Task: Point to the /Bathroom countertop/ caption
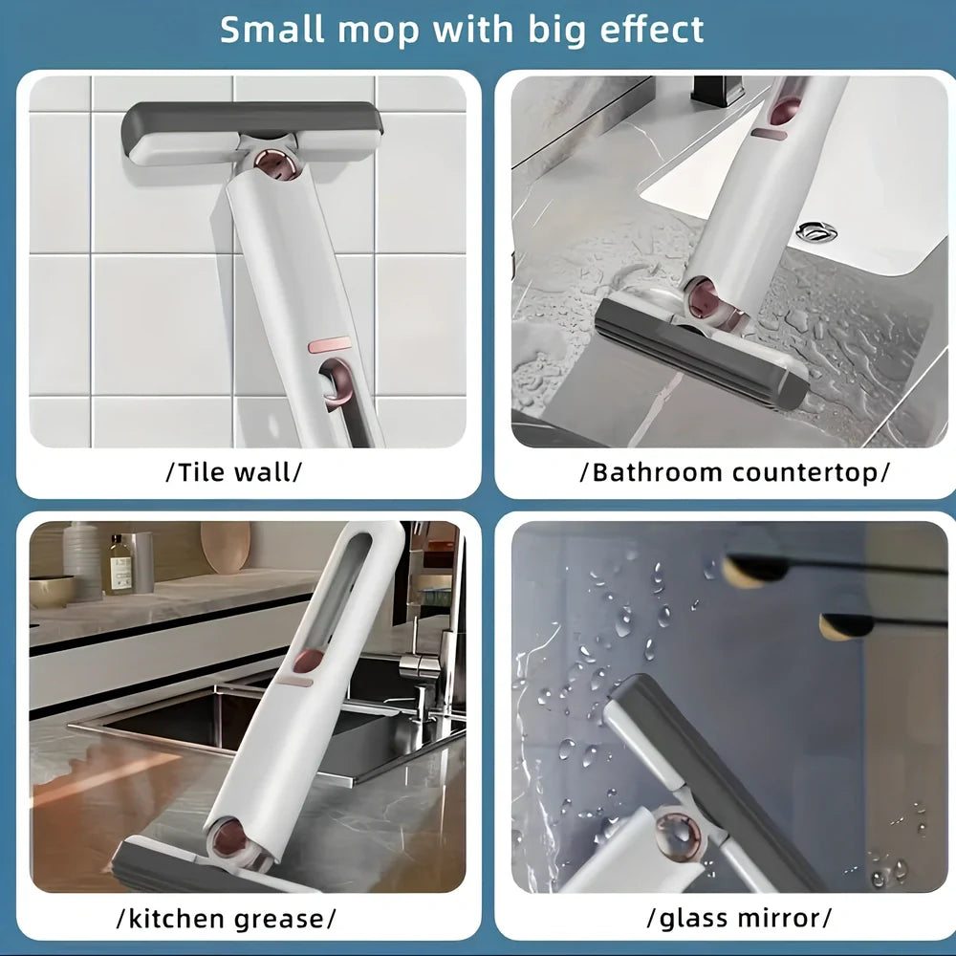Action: click(734, 471)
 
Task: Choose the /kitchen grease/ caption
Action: click(226, 919)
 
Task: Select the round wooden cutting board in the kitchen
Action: click(226, 546)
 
